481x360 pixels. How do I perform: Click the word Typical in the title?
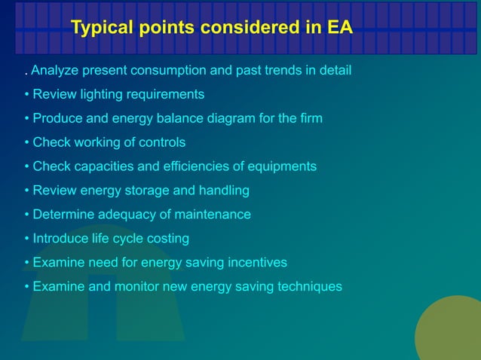pos(103,29)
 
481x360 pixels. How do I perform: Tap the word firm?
pos(309,118)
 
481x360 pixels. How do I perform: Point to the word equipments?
pos(284,166)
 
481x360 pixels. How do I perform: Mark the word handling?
pos(225,191)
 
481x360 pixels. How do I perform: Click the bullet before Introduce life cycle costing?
pos(26,239)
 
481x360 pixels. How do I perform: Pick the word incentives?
pos(256,263)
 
